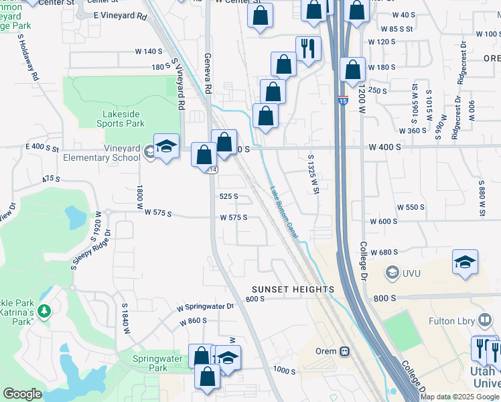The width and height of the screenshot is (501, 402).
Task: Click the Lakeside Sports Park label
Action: click(115, 119)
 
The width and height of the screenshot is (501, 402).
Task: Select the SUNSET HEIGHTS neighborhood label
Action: click(293, 289)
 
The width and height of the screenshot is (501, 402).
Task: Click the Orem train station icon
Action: click(344, 351)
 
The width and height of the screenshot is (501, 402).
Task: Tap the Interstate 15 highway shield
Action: click(342, 101)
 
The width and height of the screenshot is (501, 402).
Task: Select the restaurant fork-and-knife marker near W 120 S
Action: click(308, 48)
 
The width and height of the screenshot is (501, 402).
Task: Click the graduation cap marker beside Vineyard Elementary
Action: click(166, 146)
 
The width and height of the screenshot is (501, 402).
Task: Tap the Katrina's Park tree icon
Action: click(44, 311)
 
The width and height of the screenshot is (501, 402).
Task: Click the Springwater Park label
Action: click(149, 363)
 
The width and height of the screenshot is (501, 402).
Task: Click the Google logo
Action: click(23, 394)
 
